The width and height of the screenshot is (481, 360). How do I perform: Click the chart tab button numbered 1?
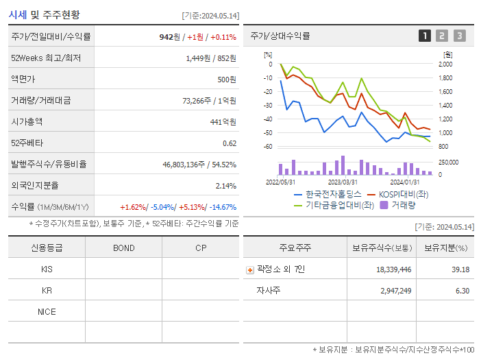(x=425, y=36)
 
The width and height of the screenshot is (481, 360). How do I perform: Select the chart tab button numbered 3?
(x=459, y=36)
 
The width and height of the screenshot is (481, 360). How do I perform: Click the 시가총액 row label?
(x=27, y=121)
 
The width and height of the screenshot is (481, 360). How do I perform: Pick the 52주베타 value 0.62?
(x=230, y=143)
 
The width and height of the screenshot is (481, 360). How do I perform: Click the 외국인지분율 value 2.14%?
(x=225, y=185)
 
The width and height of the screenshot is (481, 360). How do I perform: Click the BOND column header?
(x=123, y=248)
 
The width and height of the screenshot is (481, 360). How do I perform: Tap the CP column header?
(x=200, y=248)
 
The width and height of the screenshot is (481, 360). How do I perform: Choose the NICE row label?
(x=47, y=311)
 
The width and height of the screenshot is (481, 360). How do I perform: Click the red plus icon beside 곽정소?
(x=249, y=269)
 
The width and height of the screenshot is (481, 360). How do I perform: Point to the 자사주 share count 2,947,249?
(x=393, y=291)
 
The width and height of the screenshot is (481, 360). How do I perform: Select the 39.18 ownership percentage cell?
(x=460, y=269)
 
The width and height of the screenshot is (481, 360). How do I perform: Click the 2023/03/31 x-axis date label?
(x=343, y=182)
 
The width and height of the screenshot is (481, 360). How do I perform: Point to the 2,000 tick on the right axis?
(x=445, y=64)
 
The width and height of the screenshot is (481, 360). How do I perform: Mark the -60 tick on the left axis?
(x=268, y=147)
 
